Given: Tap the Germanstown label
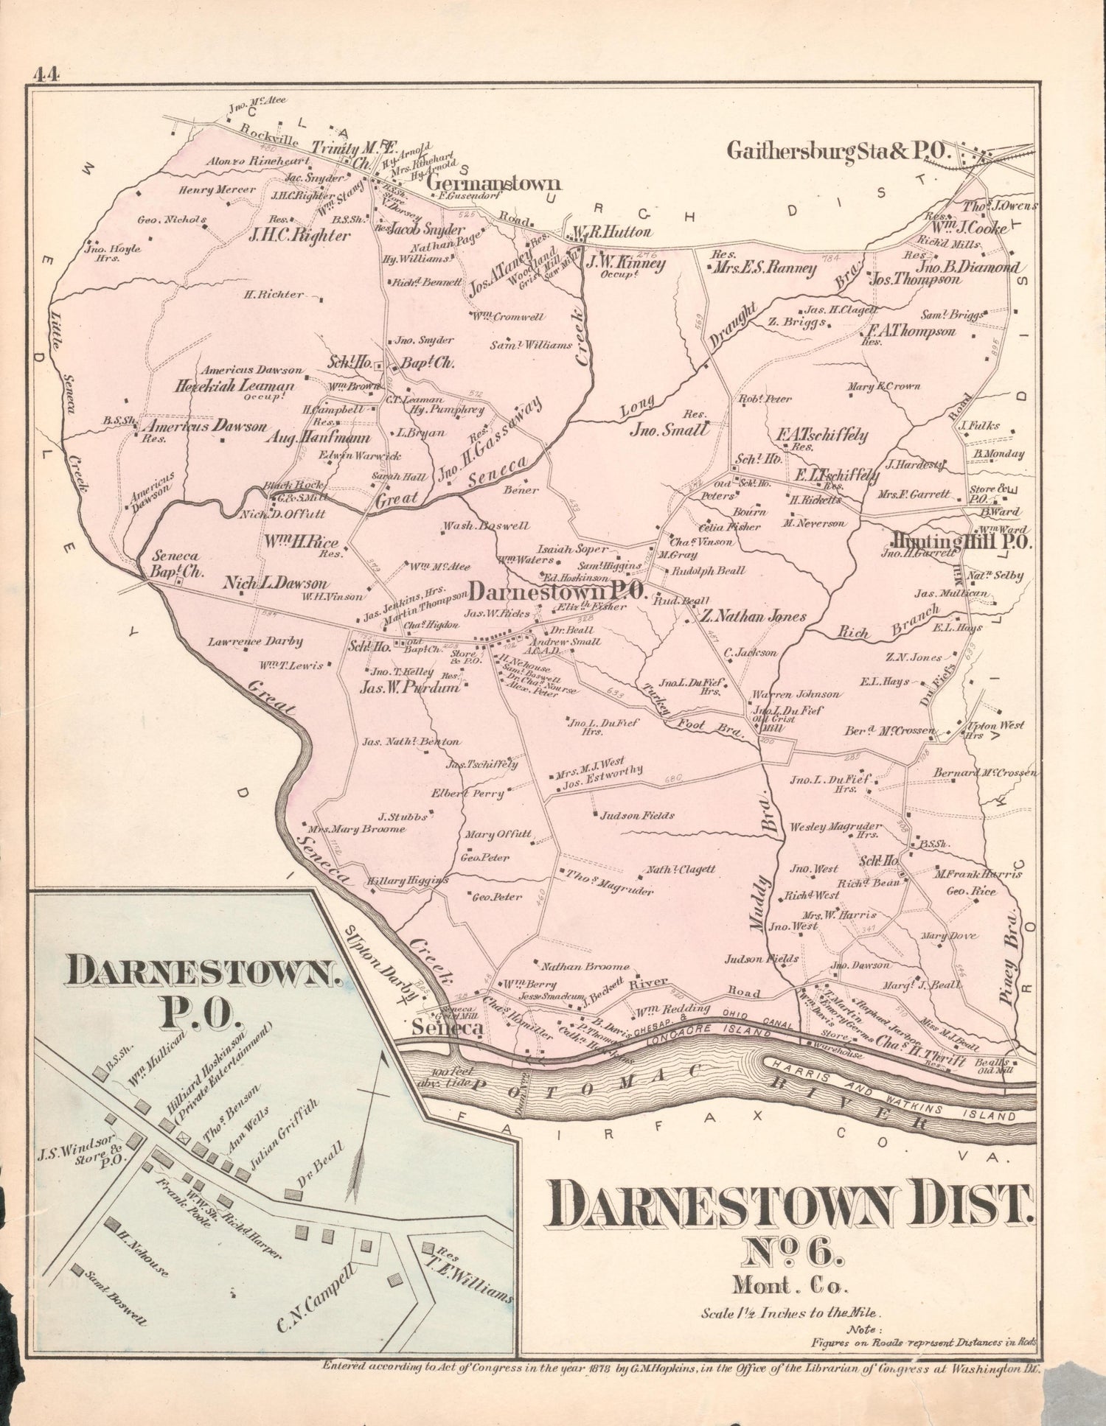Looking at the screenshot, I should click(493, 184).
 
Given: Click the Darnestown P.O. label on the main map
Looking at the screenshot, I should click(557, 591).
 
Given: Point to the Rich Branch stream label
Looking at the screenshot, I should click(888, 622).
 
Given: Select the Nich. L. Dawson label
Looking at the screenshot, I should click(276, 584).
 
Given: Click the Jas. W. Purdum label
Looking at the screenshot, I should click(408, 688).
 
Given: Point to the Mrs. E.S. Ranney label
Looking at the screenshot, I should click(763, 268).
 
